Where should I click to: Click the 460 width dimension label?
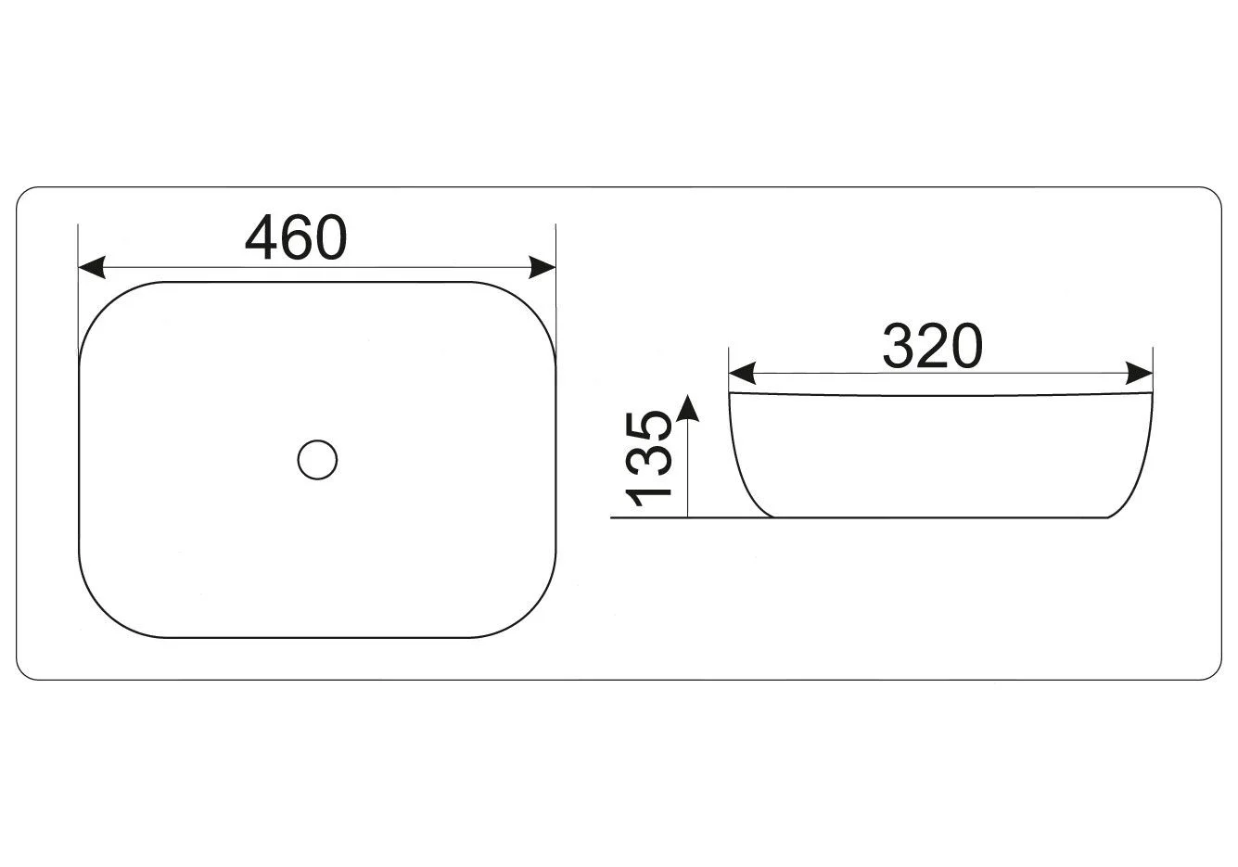(296, 237)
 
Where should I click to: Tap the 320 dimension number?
(933, 346)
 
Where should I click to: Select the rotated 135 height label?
(647, 459)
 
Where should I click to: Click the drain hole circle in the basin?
(317, 460)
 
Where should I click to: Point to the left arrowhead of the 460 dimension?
(91, 267)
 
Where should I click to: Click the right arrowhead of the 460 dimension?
(542, 267)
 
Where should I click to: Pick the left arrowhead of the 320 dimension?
(742, 374)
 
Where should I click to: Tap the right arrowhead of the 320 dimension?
(1140, 374)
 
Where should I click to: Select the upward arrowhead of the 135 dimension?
(687, 408)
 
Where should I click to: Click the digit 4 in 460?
(262, 237)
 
